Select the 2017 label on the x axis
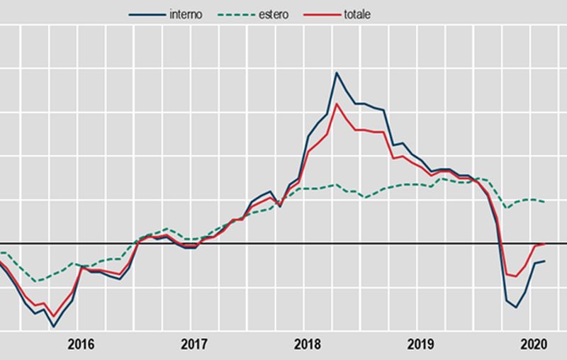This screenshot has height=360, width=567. [193, 345]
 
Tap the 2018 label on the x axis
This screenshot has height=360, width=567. [307, 345]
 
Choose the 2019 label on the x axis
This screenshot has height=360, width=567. [421, 345]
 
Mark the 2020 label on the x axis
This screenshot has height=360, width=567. [533, 345]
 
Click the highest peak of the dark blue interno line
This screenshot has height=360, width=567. [336, 72]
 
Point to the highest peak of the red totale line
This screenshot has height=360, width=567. [336, 104]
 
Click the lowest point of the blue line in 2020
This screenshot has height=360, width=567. [516, 308]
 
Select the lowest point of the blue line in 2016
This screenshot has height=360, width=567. [53, 327]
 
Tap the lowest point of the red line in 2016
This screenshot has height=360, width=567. [53, 317]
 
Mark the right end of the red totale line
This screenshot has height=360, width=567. [544, 244]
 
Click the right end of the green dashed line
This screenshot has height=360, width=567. [544, 202]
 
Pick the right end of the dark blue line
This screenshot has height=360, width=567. [544, 261]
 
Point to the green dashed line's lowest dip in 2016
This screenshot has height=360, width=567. [35, 281]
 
